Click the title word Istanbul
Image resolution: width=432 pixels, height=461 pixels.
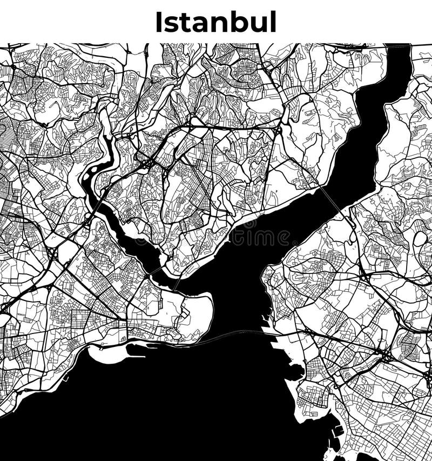(x=215, y=22)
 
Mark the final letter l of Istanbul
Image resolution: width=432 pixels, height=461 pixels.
(x=273, y=22)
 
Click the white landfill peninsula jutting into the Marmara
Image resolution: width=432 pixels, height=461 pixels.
(x=108, y=354)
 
